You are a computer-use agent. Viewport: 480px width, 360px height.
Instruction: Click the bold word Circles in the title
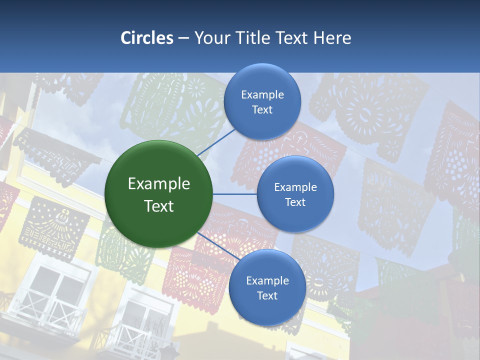[x=146, y=38]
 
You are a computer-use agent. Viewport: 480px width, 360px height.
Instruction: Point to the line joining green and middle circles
[x=235, y=194]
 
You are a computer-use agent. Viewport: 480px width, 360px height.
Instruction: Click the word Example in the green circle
[x=159, y=184]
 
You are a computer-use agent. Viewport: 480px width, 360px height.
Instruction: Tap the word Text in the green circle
[x=159, y=206]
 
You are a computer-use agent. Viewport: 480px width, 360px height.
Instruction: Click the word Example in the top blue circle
[x=262, y=94]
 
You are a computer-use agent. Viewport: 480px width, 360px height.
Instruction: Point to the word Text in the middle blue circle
[x=295, y=202]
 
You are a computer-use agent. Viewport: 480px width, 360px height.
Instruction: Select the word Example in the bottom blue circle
[x=267, y=280]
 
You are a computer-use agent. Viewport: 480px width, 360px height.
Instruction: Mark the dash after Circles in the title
[x=183, y=38]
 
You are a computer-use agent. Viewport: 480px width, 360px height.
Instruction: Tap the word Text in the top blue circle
[x=262, y=109]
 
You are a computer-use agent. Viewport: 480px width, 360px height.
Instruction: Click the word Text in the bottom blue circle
[x=267, y=295]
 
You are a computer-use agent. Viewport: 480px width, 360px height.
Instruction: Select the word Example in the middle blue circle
[x=295, y=187]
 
